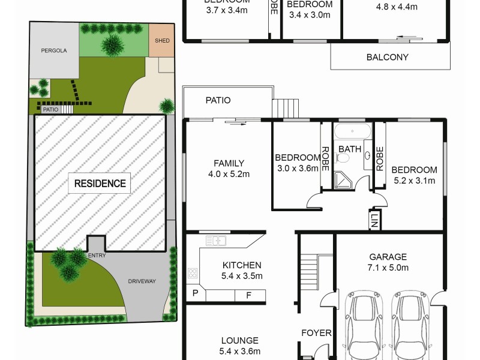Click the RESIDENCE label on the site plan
pos(100,184)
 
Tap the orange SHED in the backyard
pos(160,41)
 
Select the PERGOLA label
pos(53,51)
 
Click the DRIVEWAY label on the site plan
pos(141,281)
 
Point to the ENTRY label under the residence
pos(97,256)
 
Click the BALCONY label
pos(387,58)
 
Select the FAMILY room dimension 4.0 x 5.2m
pos(229,174)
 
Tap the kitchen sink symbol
pos(216,241)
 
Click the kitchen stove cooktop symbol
pos(194,274)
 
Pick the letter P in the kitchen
pos(195,294)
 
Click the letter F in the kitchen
pos(247,295)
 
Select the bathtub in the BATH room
pos(352,131)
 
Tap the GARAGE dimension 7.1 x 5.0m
pos(388,268)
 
